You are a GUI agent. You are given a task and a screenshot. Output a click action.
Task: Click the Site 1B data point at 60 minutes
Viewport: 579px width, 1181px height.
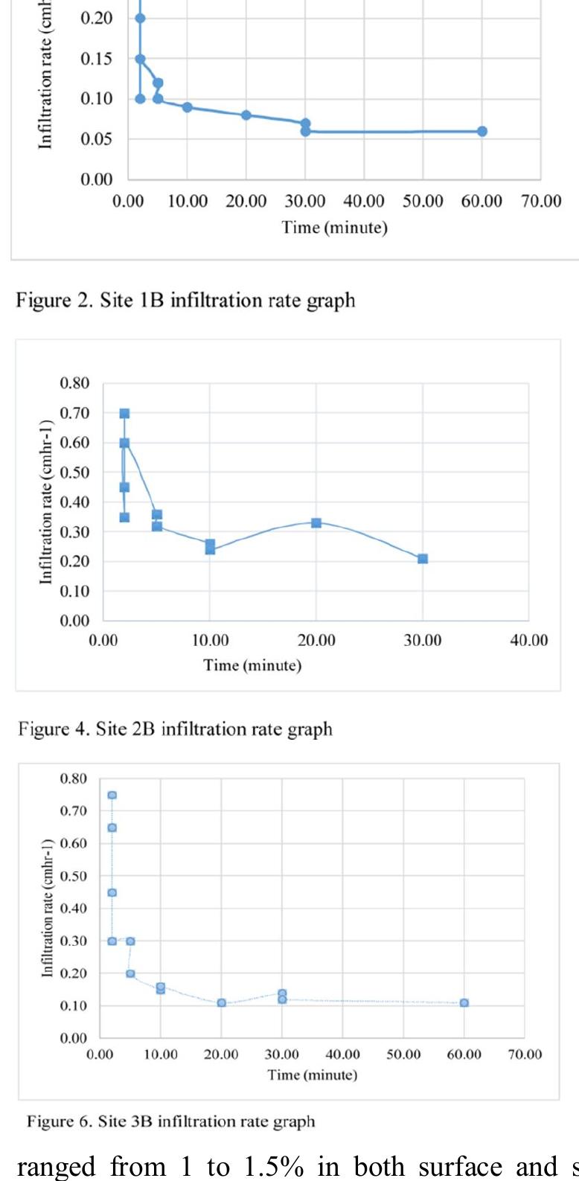[x=482, y=132]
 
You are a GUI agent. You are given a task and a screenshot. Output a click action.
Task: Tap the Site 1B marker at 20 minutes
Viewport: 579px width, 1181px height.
[x=246, y=115]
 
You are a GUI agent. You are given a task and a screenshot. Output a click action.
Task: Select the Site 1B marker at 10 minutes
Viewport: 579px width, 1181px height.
[x=188, y=107]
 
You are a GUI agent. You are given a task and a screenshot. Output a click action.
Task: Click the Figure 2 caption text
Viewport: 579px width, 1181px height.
[x=185, y=301]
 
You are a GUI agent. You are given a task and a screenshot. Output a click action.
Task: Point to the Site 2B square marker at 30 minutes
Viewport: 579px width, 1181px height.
[x=423, y=559]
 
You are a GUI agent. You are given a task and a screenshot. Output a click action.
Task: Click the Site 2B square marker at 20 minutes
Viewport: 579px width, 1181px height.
[x=316, y=523]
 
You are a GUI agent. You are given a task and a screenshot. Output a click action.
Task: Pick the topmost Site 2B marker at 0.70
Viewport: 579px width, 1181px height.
[x=124, y=414]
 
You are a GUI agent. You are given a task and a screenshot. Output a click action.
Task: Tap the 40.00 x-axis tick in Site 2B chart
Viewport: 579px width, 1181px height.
[x=528, y=641]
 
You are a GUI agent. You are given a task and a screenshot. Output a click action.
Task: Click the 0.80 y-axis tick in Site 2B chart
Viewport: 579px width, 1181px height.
[x=74, y=384]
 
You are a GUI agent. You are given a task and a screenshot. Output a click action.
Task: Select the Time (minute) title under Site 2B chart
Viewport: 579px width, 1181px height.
[x=252, y=665]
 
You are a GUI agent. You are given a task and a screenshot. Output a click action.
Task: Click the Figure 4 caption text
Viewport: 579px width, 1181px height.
[x=175, y=729]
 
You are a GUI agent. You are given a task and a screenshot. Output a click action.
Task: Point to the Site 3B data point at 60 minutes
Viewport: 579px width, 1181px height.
[x=464, y=1003]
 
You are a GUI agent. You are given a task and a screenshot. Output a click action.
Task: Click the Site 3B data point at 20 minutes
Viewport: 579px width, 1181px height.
[x=222, y=1003]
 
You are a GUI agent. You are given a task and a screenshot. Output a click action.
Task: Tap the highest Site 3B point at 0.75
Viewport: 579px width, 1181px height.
[x=112, y=796]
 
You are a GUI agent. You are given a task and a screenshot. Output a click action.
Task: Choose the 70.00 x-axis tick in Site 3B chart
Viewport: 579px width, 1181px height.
[x=525, y=1054]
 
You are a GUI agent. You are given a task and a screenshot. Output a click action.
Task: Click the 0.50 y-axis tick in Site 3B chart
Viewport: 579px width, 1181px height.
[x=74, y=876]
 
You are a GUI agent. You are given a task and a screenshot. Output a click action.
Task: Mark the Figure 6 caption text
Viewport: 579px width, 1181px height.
[x=170, y=1121]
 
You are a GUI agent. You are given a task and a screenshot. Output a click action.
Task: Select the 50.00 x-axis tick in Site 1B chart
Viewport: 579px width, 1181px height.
[x=423, y=202]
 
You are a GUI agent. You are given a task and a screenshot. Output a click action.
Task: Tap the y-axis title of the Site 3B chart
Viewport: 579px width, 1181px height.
[x=47, y=908]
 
